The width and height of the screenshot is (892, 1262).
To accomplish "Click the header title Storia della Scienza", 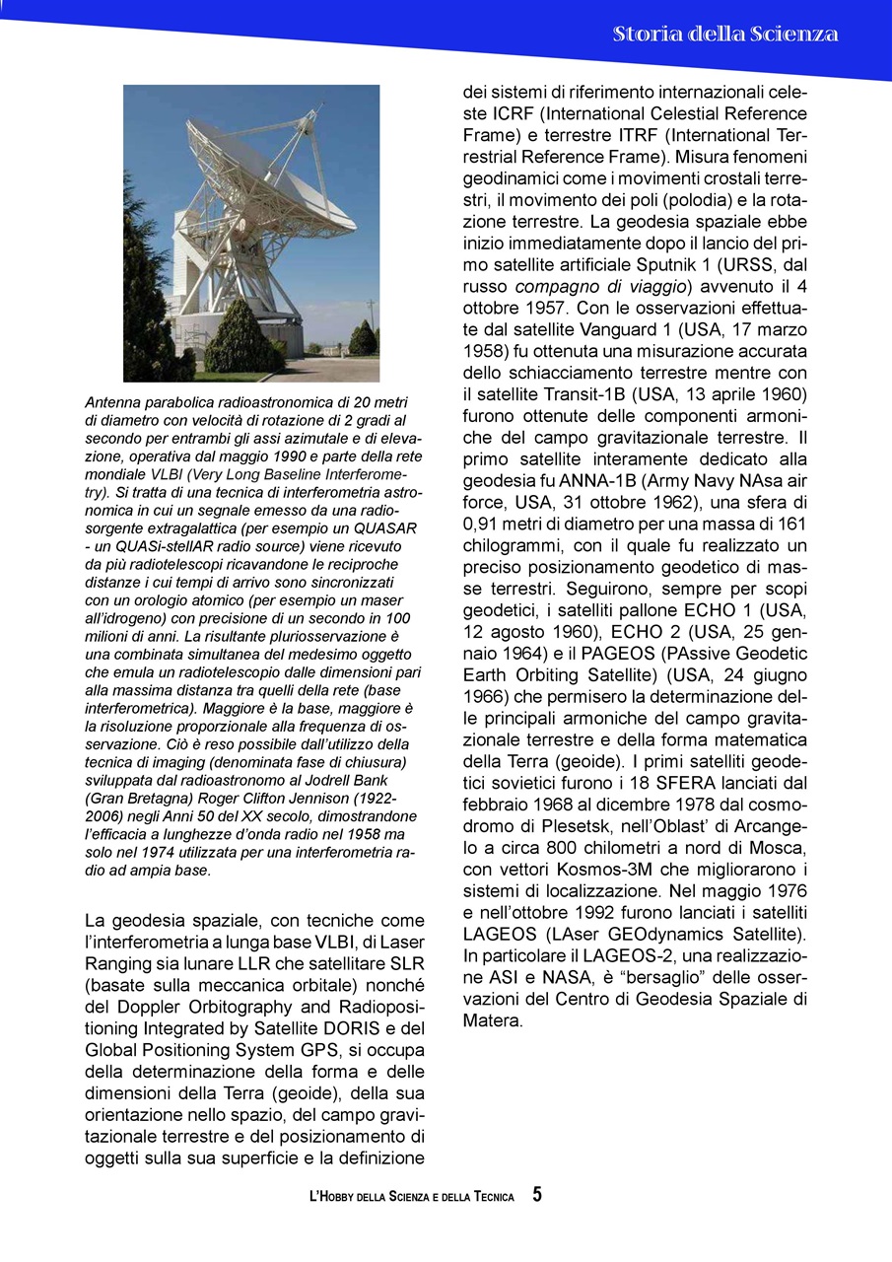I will (725, 35).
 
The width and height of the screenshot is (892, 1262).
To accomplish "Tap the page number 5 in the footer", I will (537, 1195).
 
